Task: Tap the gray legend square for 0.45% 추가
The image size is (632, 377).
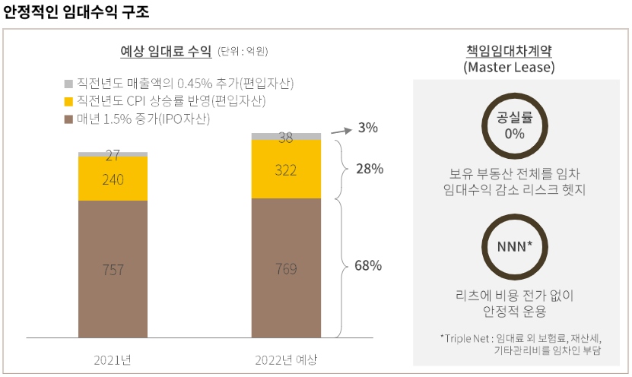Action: pos(68,83)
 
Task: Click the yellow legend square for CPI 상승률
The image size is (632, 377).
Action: pos(68,101)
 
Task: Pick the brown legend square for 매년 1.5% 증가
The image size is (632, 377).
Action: pos(68,119)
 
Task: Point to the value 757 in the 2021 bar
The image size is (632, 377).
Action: pos(113,269)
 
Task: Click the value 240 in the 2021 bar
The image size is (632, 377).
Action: pos(113,179)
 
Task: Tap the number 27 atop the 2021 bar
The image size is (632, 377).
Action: pos(113,156)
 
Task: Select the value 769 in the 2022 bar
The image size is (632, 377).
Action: pos(286,269)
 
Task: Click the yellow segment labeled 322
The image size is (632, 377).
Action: pos(286,169)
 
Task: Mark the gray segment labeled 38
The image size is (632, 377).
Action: pos(286,137)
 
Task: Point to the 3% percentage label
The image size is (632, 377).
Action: pos(367,128)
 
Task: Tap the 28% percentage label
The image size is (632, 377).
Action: pos(370,169)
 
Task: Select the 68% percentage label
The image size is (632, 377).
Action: pos(368,266)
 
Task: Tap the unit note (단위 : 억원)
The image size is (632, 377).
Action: pos(243,52)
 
